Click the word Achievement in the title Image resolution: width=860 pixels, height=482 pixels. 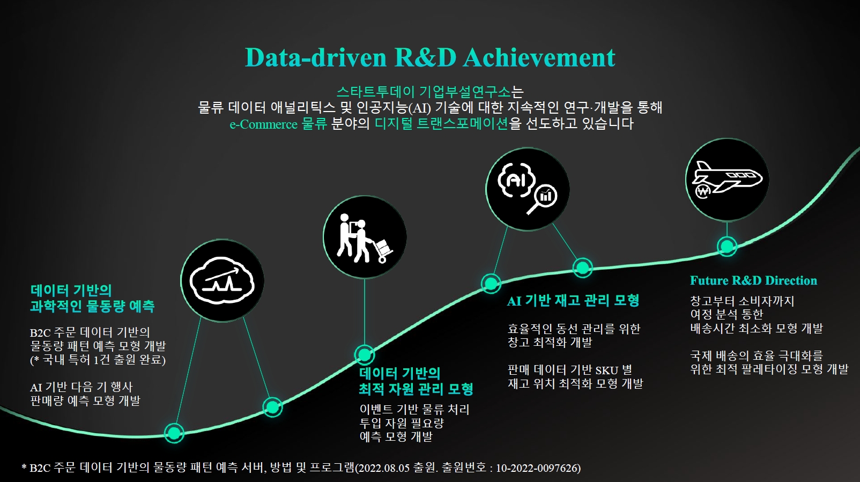coord(539,57)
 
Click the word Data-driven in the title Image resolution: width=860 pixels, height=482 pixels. coord(316,57)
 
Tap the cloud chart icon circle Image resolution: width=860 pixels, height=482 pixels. coord(222,281)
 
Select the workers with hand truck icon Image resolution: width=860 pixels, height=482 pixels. coord(365,238)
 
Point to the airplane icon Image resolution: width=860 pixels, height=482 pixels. coord(727,178)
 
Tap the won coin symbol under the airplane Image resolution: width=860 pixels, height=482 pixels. coord(703,191)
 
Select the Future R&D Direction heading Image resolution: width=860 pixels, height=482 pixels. coord(753,280)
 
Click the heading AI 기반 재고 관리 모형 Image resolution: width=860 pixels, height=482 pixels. coord(573,300)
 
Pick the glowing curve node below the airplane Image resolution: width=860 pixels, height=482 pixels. coord(727,246)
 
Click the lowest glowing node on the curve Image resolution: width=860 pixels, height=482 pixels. coord(174,433)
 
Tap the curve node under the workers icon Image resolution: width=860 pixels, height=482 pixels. coord(365,354)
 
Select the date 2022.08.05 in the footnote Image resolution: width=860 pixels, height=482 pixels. coord(384,468)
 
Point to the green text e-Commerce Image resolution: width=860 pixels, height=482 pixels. coord(263,124)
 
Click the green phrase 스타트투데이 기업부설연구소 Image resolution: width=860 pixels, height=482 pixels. coord(424,92)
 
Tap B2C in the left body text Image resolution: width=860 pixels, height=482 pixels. coord(40,332)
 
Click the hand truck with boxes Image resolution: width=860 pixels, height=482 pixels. coord(383,250)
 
